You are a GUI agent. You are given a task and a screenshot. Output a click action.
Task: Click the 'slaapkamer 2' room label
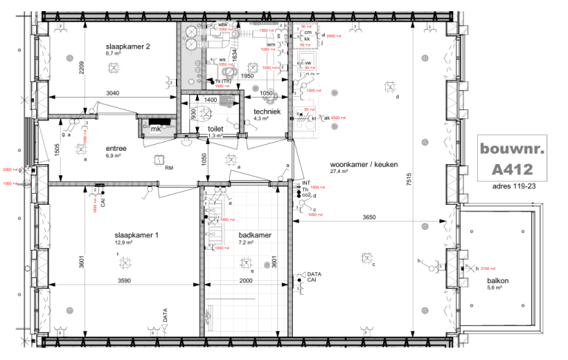128,46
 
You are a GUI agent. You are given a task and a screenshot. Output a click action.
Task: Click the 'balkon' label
498,281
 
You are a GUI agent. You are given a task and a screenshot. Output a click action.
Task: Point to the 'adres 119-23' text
512,188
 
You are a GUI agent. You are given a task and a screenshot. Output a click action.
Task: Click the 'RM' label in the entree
169,168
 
